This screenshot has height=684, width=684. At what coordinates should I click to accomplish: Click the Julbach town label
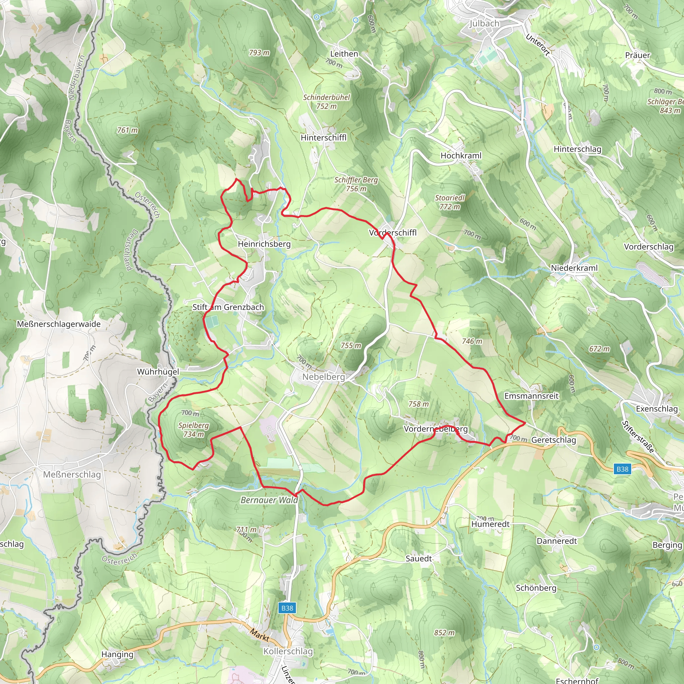pyautogui.click(x=484, y=23)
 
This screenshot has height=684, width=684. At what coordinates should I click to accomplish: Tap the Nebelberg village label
pyautogui.click(x=323, y=377)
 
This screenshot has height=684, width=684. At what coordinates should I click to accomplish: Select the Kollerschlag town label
pyautogui.click(x=288, y=651)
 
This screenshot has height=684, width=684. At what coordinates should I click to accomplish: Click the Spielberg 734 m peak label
pyautogui.click(x=193, y=430)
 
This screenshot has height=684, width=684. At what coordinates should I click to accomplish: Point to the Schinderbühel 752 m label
pyautogui.click(x=326, y=102)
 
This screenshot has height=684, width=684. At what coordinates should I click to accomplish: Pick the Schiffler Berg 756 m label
pyautogui.click(x=356, y=184)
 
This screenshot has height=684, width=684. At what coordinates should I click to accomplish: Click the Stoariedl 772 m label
pyautogui.click(x=449, y=202)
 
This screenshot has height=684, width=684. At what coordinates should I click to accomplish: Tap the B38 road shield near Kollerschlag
pyautogui.click(x=287, y=608)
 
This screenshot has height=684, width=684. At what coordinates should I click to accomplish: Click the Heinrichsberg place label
pyautogui.click(x=264, y=244)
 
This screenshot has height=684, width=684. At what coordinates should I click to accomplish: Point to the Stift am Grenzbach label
pyautogui.click(x=228, y=307)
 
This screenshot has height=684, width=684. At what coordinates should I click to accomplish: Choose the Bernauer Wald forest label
pyautogui.click(x=269, y=500)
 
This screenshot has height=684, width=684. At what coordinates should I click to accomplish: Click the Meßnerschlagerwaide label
pyautogui.click(x=59, y=324)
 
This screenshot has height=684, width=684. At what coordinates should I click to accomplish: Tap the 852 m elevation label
pyautogui.click(x=444, y=633)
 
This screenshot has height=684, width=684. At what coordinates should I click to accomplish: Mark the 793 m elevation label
pyautogui.click(x=259, y=53)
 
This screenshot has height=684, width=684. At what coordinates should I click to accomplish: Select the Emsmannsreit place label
pyautogui.click(x=531, y=396)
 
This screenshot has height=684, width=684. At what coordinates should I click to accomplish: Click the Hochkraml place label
pyautogui.click(x=461, y=155)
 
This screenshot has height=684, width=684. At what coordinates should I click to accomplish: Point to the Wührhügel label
pyautogui.click(x=158, y=372)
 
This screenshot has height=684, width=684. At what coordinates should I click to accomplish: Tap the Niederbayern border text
pyautogui.click(x=76, y=77)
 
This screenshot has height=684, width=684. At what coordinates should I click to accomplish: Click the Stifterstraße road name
pyautogui.click(x=638, y=437)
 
